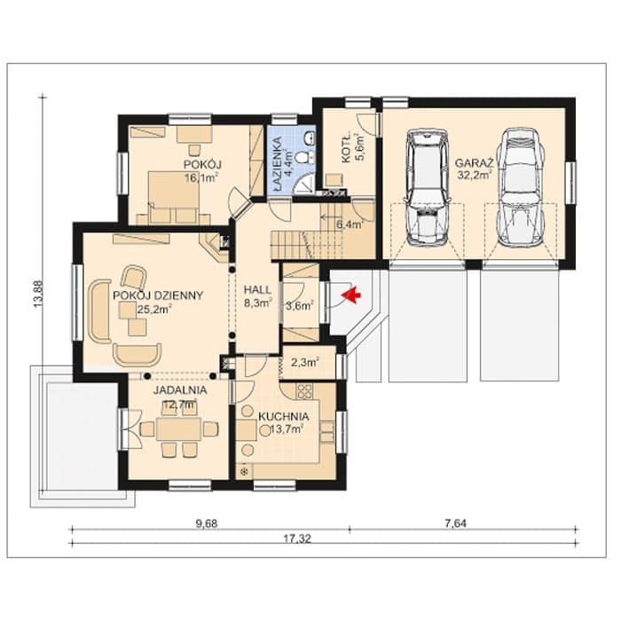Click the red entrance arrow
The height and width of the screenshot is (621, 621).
pos(351,295)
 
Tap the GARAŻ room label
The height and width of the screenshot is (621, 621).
pos(474,163)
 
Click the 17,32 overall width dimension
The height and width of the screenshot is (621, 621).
pos(297,539)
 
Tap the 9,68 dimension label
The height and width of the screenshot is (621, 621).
pos(207,523)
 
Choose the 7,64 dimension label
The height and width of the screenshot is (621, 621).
pos(455,523)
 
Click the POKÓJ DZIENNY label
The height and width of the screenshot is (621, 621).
pos(158,295)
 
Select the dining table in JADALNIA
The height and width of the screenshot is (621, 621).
pos(179,428)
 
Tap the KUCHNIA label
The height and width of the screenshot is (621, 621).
pos(283,417)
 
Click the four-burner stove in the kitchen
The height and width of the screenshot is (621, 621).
pos(304,391)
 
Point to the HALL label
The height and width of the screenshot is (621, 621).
pos(257,289)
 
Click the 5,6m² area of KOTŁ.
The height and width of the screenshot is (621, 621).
pos(360,147)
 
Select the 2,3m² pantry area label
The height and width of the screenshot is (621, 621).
pos(305,362)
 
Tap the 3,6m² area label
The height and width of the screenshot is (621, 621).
pos(300,306)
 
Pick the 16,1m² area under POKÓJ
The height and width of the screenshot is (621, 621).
pos(201,177)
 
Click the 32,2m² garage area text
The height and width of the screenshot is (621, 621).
pos(475,175)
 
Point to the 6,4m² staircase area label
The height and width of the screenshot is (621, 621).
pos(350,225)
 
